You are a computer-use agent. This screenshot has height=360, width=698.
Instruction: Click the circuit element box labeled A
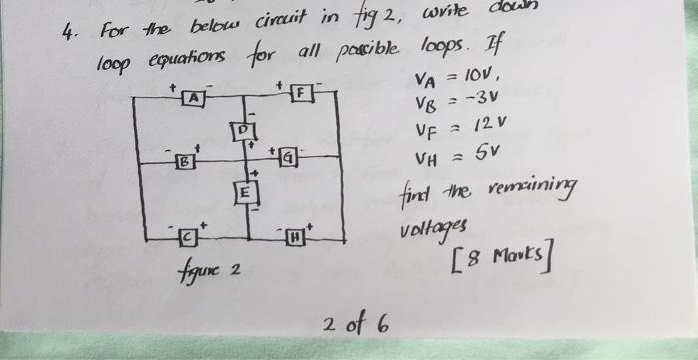pyautogui.click(x=193, y=98)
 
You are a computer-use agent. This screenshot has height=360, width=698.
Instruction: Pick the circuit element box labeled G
pyautogui.click(x=289, y=157)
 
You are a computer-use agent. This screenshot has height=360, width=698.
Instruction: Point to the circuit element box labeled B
pyautogui.click(x=184, y=161)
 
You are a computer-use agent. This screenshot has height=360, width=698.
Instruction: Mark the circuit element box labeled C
pyautogui.click(x=187, y=237)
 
